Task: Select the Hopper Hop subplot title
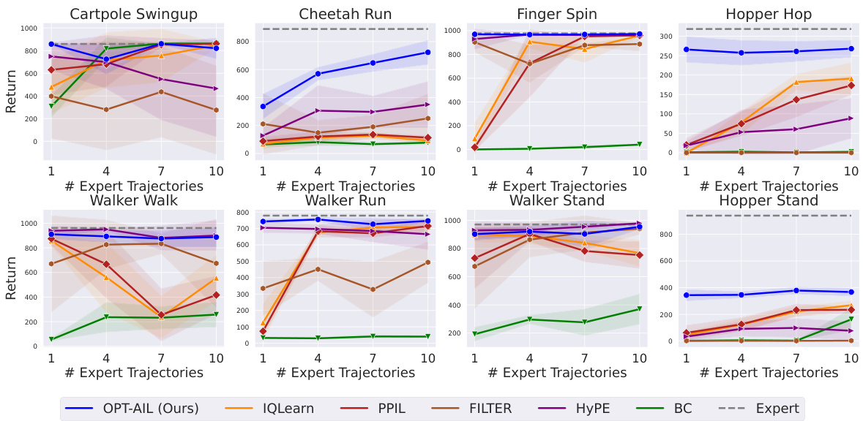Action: (768, 15)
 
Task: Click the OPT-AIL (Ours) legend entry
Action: (131, 408)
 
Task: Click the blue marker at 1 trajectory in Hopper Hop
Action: (686, 50)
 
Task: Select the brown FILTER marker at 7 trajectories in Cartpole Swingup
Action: (160, 91)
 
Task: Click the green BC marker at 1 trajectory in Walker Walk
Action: (51, 339)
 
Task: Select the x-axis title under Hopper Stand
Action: (768, 373)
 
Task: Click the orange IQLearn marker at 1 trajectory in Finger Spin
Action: (474, 139)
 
